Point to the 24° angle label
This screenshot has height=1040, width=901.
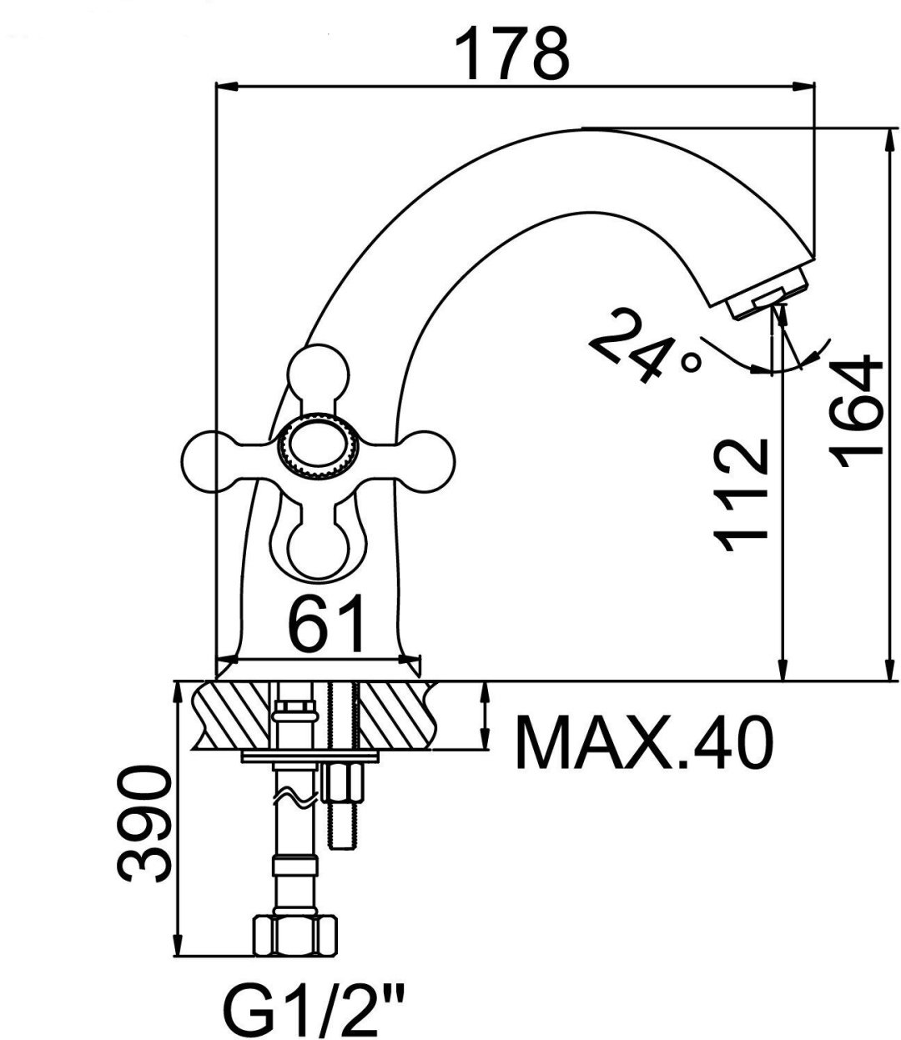(x=646, y=345)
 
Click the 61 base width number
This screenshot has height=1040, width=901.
(x=326, y=623)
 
